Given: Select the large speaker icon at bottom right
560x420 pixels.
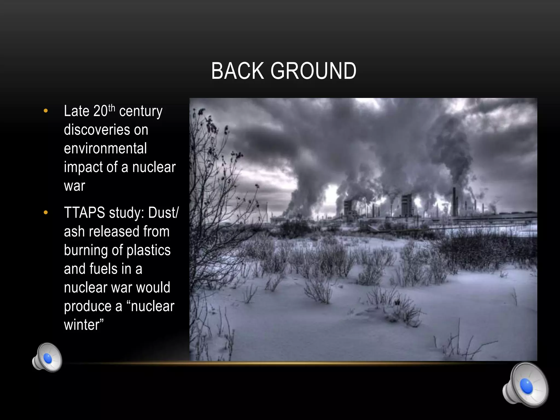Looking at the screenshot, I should tap(525, 385).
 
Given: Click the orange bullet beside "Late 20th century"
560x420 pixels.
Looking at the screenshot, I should tap(46, 111).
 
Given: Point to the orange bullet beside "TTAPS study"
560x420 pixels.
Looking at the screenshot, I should tap(46, 212).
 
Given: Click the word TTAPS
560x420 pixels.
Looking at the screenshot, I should tap(84, 213).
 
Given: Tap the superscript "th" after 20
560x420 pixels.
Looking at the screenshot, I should tap(112, 108).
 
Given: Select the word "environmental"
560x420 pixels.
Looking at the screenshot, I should tap(105, 148).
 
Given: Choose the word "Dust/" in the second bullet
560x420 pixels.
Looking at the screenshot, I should tap(163, 213).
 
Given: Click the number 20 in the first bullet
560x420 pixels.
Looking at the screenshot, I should tap(101, 111).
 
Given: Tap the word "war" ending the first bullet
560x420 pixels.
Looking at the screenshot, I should tap(74, 186).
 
